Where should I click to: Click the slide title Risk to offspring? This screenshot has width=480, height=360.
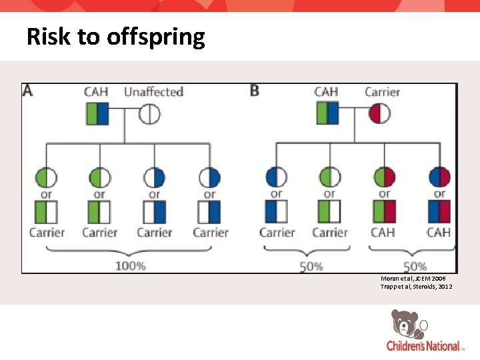tap(115, 37)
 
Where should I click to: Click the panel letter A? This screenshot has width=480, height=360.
tap(28, 91)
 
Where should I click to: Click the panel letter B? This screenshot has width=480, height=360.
tap(254, 91)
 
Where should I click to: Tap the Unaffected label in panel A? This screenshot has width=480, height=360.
tap(153, 91)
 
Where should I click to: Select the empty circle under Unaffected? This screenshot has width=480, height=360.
tap(149, 114)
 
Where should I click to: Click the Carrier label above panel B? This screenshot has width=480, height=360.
tap(381, 91)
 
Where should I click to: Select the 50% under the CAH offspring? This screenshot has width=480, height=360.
tap(414, 265)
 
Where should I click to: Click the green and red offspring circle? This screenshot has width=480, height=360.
tap(385, 177)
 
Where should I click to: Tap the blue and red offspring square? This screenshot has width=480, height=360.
tap(439, 211)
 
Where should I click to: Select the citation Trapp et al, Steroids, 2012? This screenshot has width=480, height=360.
tap(417, 286)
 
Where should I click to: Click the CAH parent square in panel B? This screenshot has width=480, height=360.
tap(327, 113)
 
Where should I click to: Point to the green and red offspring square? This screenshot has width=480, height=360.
tap(385, 211)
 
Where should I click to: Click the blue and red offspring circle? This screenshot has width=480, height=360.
tap(439, 177)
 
